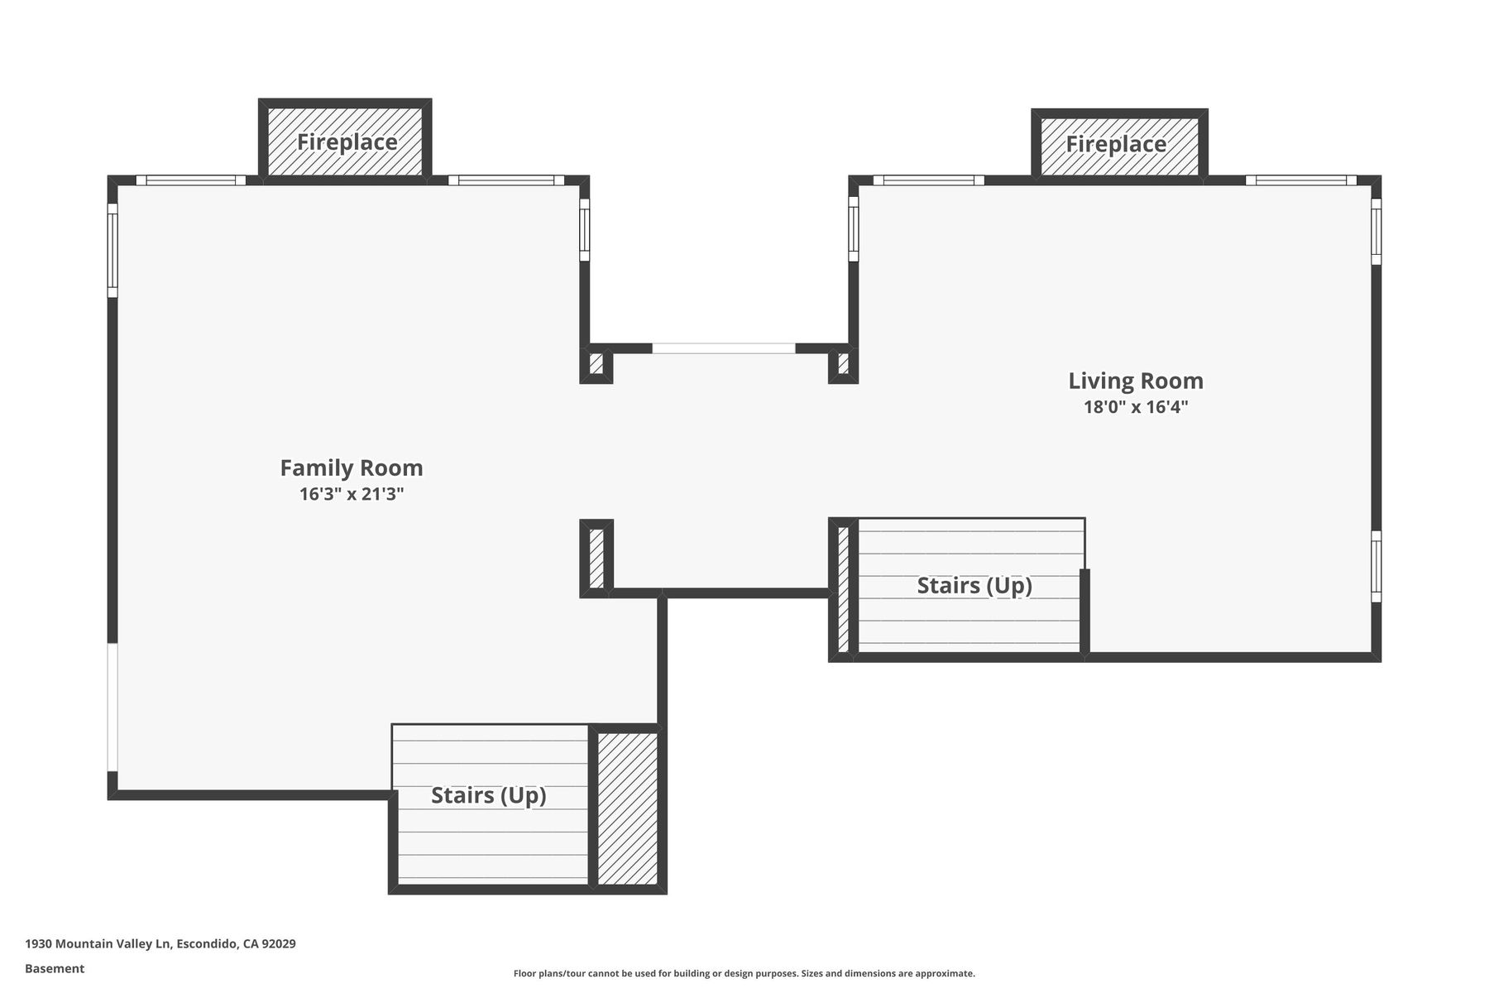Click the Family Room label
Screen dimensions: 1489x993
coord(352,468)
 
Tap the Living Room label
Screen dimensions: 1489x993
coord(1136,381)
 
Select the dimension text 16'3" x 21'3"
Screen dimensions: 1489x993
coord(352,495)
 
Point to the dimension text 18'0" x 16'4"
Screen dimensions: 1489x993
coord(1136,407)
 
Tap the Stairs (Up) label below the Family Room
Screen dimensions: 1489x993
coord(489,796)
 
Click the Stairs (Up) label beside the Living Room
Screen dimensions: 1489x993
coord(974,586)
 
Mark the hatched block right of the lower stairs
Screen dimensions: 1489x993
coord(628,808)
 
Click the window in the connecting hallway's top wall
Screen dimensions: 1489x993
coord(724,348)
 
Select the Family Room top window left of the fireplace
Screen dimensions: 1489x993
coord(191,180)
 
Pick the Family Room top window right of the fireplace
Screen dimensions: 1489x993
coord(506,180)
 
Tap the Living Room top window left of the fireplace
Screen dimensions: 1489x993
coord(929,180)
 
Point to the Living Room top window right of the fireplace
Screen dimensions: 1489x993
coord(1301,180)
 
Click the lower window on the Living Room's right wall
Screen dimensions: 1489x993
coord(1376,566)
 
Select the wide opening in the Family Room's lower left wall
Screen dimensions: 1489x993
coord(113,708)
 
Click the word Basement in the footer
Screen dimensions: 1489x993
coord(55,969)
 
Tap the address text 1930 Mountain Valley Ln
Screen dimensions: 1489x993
coord(98,944)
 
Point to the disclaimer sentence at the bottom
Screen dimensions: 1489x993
coord(744,974)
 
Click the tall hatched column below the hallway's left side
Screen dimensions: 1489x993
coord(596,558)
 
